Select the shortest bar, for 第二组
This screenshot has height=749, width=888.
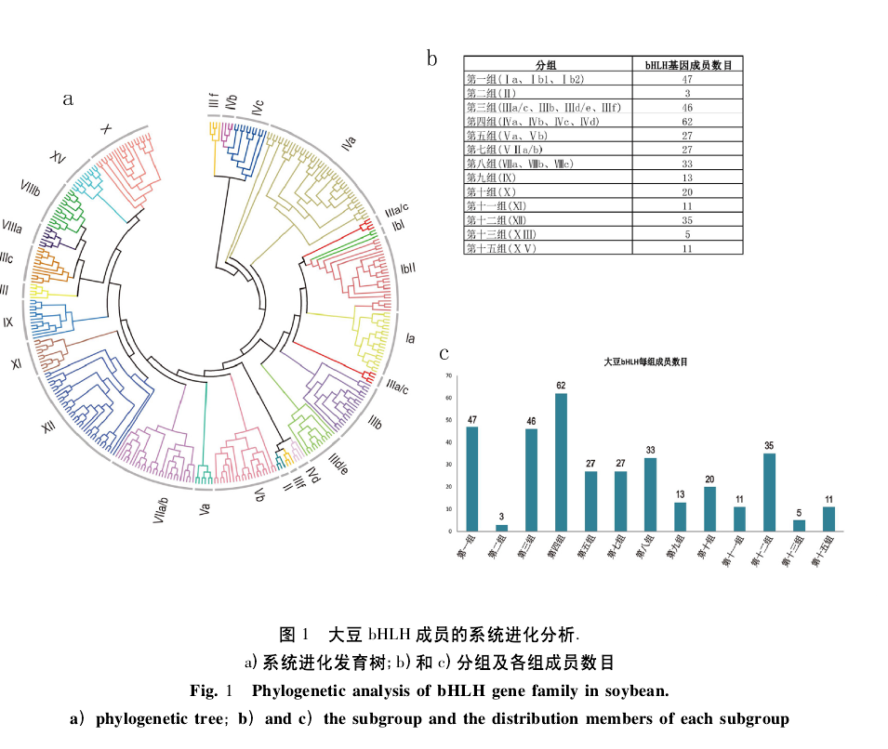pos(501,528)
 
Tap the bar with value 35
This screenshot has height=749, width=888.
pos(769,492)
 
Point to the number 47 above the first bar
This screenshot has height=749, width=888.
pos(471,420)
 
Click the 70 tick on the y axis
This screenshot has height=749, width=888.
pos(448,375)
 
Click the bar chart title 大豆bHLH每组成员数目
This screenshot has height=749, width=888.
pos(646,361)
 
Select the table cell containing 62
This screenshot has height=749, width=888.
pos(687,121)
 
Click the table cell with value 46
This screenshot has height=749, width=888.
pos(687,107)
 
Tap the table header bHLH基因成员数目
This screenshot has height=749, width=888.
pos(687,65)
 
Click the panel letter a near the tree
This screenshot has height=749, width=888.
pos(68,99)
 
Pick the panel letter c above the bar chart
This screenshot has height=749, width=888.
pos(444,352)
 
